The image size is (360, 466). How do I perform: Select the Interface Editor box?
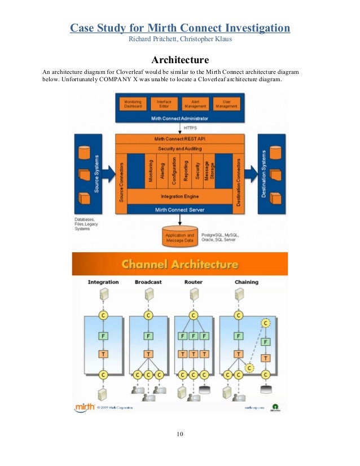[x=164, y=104]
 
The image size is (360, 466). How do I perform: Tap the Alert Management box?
[x=195, y=104]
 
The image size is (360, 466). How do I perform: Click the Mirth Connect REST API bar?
[x=179, y=139]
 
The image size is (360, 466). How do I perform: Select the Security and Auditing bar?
[x=179, y=148]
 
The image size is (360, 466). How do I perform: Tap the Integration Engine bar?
[x=179, y=196]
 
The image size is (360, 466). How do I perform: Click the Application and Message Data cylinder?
[x=179, y=238]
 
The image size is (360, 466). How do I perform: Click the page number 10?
[x=179, y=434]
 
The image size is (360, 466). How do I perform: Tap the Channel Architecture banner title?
[x=180, y=264]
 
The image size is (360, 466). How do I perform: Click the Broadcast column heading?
[x=148, y=282]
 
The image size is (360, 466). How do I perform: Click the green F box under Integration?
[x=103, y=336]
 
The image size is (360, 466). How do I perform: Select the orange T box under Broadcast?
[x=148, y=354]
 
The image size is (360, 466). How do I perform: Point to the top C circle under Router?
[x=194, y=315]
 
